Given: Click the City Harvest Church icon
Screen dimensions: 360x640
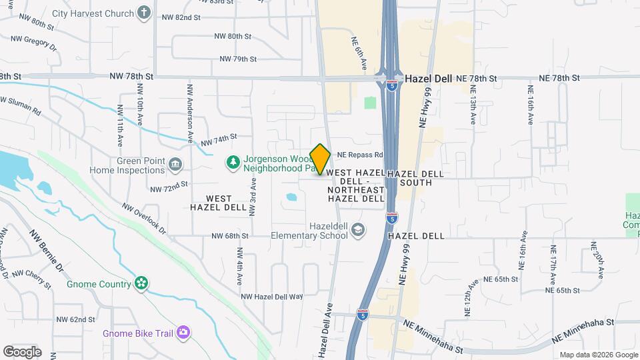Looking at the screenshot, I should [143, 12].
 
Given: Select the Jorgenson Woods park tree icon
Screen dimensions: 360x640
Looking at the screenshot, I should [233, 161].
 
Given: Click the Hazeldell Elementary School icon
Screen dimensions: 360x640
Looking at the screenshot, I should [359, 229].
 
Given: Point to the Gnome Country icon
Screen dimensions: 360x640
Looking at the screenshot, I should [141, 284].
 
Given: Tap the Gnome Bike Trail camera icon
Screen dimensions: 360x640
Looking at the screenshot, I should [183, 332].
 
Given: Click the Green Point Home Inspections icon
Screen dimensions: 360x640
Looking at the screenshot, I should [175, 164].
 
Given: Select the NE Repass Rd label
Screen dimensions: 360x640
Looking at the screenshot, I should [360, 154].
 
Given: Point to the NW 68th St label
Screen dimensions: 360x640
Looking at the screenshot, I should [230, 236].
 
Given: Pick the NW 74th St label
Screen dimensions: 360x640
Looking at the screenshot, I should [219, 139].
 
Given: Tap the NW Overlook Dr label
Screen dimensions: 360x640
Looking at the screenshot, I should [143, 217].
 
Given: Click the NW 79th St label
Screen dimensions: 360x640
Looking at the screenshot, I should [238, 59].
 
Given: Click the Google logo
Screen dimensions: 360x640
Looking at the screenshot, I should [22, 351].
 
